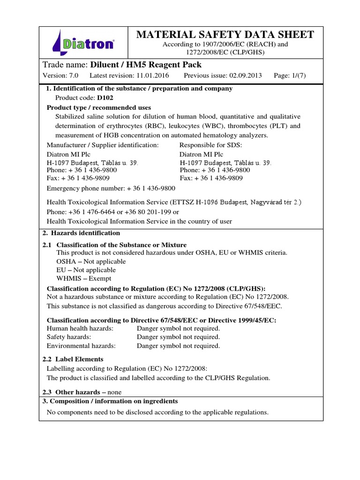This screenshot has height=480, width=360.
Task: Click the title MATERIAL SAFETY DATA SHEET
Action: pyautogui.click(x=225, y=34)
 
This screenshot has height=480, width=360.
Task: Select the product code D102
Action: pyautogui.click(x=106, y=98)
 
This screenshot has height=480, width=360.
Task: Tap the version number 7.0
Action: pyautogui.click(x=75, y=75)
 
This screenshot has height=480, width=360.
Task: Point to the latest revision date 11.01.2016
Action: pyautogui.click(x=151, y=75)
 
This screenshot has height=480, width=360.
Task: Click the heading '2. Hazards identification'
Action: pyautogui.click(x=83, y=233)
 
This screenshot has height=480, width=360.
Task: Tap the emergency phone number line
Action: pyautogui.click(x=111, y=188)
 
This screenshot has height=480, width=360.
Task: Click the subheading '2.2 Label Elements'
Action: pyautogui.click(x=73, y=359)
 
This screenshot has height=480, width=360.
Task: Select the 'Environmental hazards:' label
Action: pyautogui.click(x=81, y=346)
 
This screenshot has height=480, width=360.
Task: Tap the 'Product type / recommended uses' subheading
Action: pyautogui.click(x=99, y=107)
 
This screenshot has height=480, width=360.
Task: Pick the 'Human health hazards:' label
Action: pyautogui.click(x=80, y=328)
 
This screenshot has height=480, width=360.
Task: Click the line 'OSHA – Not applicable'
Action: pyautogui.click(x=91, y=261)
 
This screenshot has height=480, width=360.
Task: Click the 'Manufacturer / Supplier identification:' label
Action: pyautogui.click(x=103, y=145)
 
